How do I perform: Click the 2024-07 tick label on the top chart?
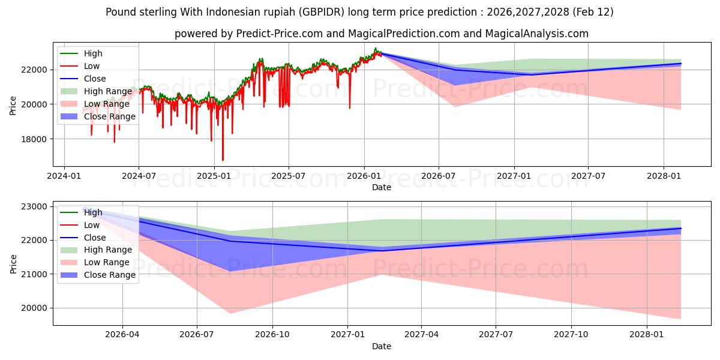[139, 176]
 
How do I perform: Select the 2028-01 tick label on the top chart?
[664, 176]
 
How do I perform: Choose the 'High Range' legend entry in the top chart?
[107, 91]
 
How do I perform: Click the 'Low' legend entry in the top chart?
[92, 66]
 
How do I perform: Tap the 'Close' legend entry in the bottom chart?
[95, 238]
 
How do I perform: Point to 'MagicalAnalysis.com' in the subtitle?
[539, 34]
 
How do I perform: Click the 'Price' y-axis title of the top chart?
[13, 104]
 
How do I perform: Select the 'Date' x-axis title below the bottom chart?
[382, 346]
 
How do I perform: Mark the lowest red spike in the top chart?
[223, 160]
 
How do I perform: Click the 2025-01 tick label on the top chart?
[214, 176]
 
